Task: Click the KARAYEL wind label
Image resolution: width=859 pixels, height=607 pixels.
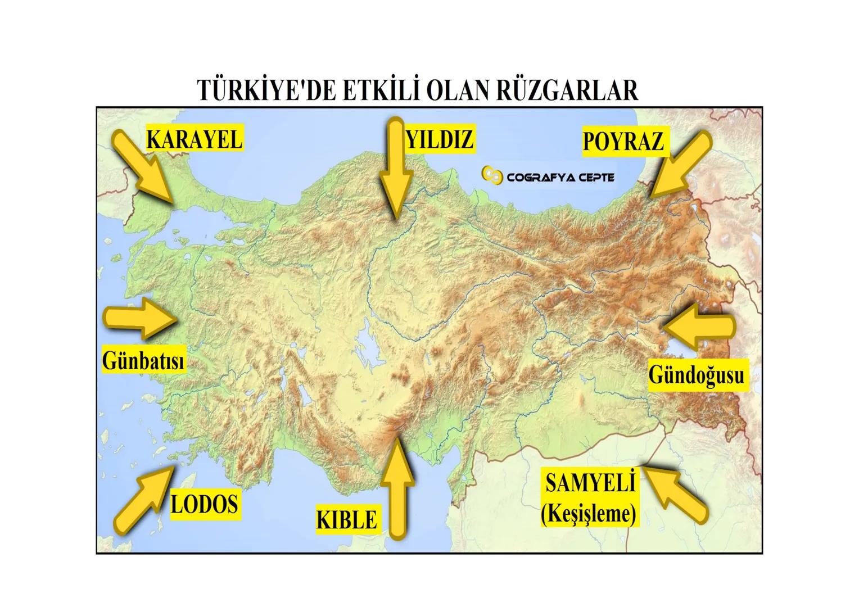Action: pyautogui.click(x=194, y=138)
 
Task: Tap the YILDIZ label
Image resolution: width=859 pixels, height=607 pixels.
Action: pyautogui.click(x=440, y=138)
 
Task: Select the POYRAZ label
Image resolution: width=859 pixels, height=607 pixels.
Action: pyautogui.click(x=623, y=141)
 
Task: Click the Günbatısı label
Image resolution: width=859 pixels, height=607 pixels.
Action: pyautogui.click(x=143, y=360)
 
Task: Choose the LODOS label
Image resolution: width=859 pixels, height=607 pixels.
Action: pyautogui.click(x=204, y=504)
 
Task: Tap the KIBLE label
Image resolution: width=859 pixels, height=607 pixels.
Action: pyautogui.click(x=346, y=519)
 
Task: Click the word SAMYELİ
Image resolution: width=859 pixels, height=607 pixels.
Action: pyautogui.click(x=590, y=483)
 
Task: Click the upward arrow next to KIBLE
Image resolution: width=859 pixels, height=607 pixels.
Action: pyautogui.click(x=397, y=487)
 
